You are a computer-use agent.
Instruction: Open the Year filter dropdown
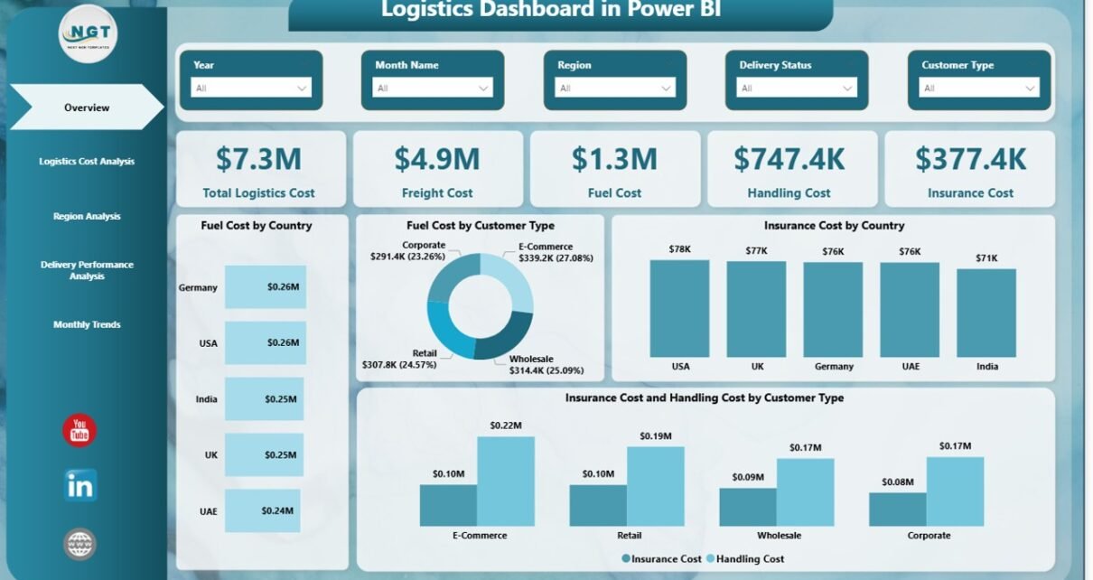(252, 89)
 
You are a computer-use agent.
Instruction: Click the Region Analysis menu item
(87, 217)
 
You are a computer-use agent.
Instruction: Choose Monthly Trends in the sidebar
(87, 325)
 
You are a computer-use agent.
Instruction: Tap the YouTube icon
(79, 431)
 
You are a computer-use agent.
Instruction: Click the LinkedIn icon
(80, 485)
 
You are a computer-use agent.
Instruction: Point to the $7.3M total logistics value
(258, 160)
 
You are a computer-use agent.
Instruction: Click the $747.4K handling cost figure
(789, 160)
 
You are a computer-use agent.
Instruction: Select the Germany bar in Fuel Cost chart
(265, 287)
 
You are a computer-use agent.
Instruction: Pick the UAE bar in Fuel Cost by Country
(262, 511)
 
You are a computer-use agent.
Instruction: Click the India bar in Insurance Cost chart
(986, 313)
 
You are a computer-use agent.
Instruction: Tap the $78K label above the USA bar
(679, 249)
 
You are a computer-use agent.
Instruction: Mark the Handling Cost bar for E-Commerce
(505, 481)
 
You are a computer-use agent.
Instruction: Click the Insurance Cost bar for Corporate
(897, 509)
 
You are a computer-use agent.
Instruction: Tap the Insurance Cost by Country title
(834, 226)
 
